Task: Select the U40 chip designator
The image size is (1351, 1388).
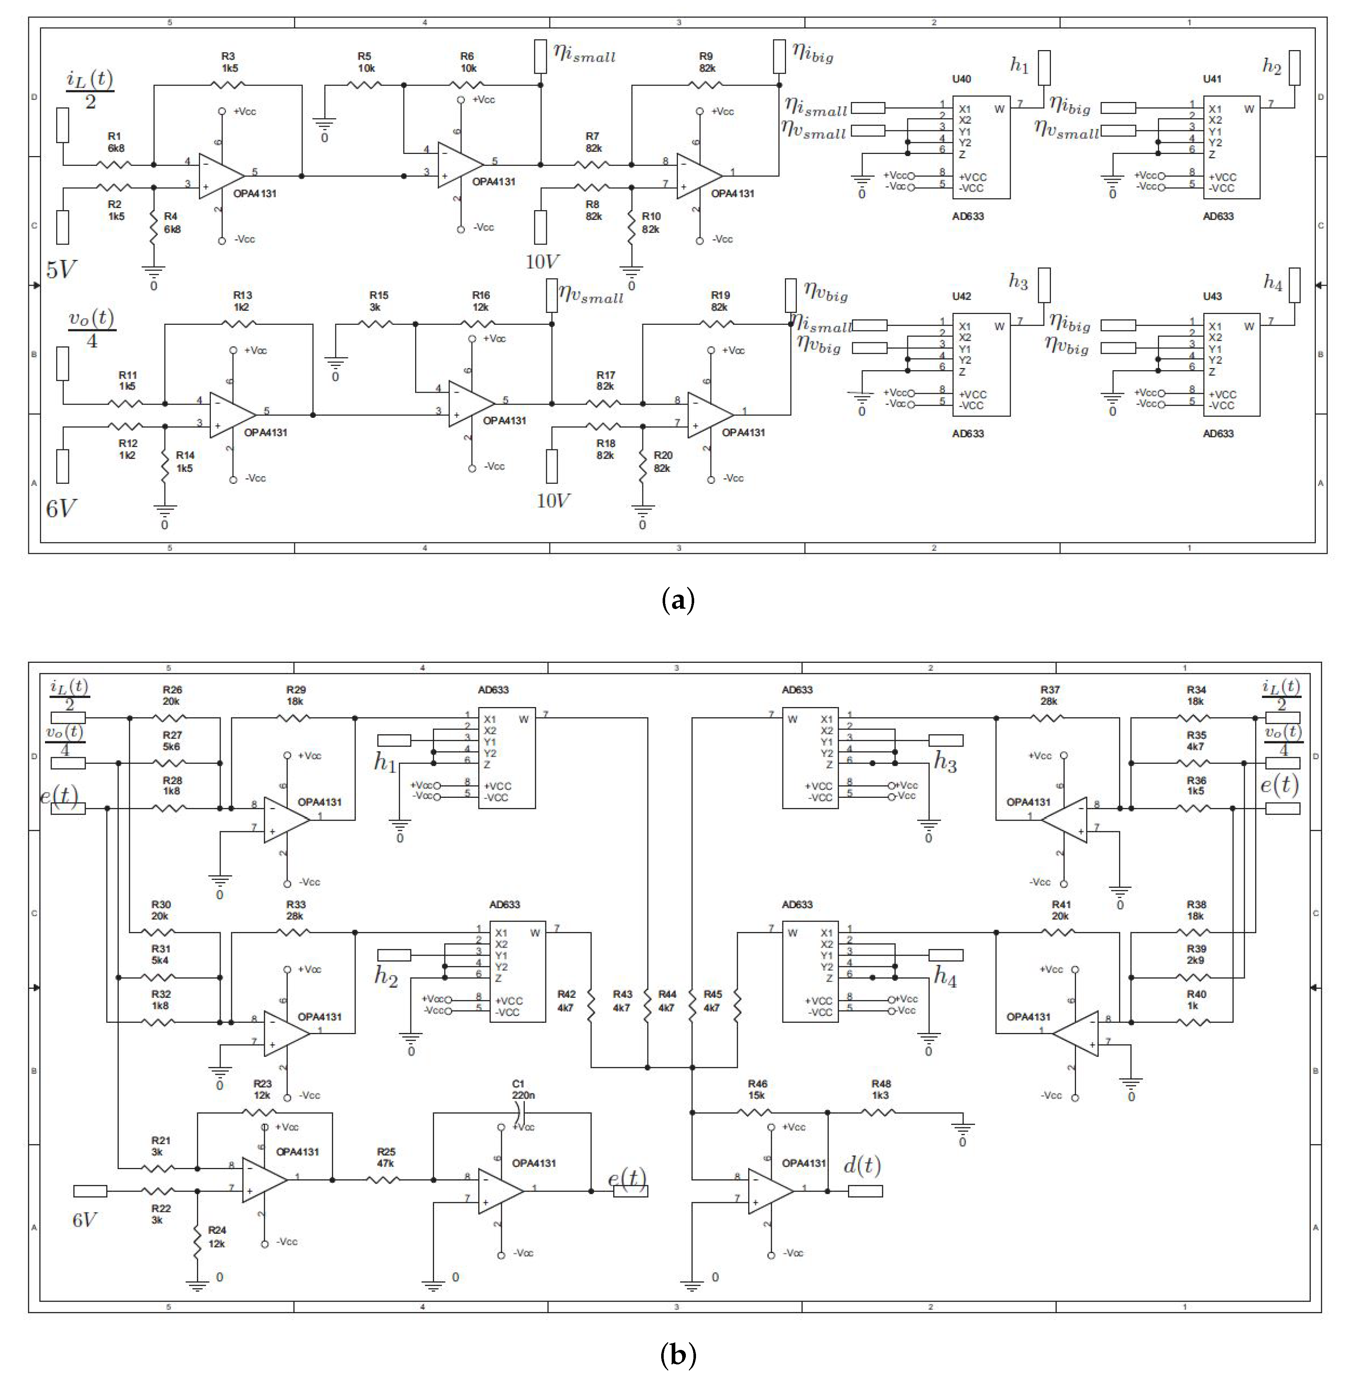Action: click(x=962, y=79)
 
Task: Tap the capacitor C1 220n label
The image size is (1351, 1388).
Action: click(x=523, y=1089)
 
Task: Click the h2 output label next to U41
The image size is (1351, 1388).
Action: click(x=1272, y=68)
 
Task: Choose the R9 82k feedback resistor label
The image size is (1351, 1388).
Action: click(x=706, y=62)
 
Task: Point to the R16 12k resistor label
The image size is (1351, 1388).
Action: click(x=480, y=301)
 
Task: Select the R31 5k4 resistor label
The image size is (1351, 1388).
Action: click(x=160, y=954)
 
